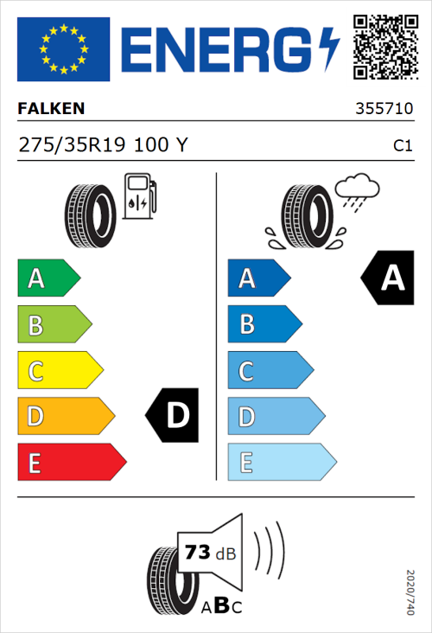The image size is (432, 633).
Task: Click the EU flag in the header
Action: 63,48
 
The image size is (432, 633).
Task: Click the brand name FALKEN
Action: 51,109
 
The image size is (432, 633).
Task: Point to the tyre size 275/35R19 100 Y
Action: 102,146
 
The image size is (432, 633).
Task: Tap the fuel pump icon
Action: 139,196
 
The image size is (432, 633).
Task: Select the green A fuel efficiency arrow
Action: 48,278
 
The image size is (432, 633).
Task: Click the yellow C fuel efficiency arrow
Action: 60,371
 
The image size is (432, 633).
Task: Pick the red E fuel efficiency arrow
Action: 71,463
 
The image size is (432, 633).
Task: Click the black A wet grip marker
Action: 390,278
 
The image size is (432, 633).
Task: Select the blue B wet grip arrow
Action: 264,324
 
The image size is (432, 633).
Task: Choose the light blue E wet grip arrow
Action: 282,463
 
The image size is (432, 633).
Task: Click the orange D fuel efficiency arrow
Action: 66,417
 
